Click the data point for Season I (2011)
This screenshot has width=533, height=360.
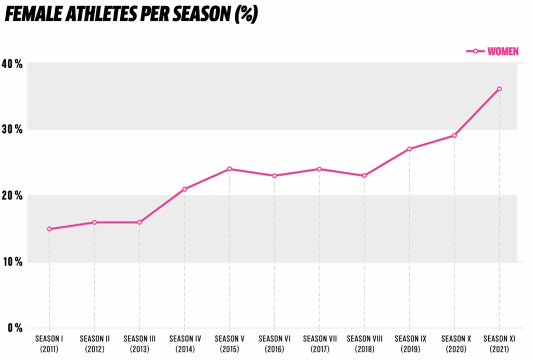49,229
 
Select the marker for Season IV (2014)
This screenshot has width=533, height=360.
184,189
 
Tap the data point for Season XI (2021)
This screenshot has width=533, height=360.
499,89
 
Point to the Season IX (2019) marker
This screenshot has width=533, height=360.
409,149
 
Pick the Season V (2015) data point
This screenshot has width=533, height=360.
229,169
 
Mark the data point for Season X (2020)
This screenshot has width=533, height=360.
454,135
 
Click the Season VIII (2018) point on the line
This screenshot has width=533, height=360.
364,176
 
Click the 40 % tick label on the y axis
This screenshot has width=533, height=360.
11,64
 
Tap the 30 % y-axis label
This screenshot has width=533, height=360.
11,130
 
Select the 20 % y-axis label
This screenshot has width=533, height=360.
11,196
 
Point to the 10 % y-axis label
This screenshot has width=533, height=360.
11,262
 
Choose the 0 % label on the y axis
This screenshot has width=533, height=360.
14,328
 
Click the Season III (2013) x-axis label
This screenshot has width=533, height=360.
139,343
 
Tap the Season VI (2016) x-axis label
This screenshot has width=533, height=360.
274,343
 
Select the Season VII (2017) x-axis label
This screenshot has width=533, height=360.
319,343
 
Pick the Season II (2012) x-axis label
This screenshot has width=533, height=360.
95,343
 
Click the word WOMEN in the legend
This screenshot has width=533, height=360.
503,52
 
